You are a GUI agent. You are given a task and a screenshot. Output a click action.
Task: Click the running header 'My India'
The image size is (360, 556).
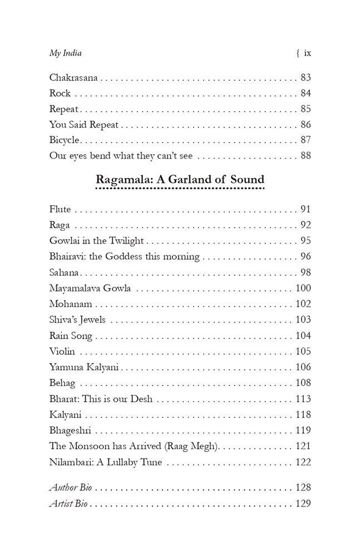click(65, 53)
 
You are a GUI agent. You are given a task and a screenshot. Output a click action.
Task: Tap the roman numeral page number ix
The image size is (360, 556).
click(307, 53)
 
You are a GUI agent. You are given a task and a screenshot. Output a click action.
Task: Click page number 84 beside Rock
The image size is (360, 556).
click(305, 93)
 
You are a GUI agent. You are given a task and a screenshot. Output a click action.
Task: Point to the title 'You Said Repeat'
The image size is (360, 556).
click(83, 125)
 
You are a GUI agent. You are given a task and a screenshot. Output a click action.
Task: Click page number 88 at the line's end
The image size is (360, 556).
click(305, 156)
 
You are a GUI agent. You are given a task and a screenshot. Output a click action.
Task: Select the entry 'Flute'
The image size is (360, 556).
click(60, 210)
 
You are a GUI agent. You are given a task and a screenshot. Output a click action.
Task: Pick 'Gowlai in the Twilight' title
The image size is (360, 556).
click(96, 241)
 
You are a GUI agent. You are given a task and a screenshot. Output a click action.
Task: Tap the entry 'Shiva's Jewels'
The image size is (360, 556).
click(77, 320)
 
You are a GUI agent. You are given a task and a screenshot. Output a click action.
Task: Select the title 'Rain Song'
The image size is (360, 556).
click(71, 336)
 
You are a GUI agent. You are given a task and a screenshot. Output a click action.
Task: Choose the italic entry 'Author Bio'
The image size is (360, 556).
click(70, 488)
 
